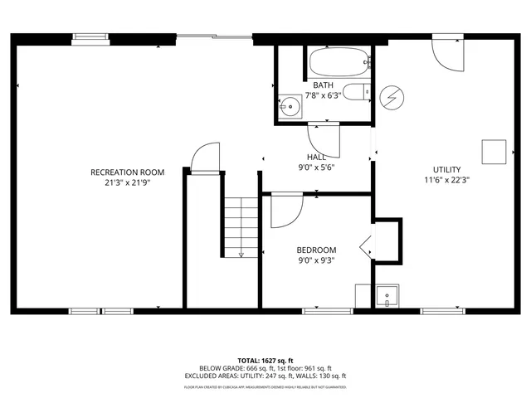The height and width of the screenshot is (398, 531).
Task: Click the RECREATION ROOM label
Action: point(127,172)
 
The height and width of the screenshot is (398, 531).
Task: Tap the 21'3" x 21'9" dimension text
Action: point(127,183)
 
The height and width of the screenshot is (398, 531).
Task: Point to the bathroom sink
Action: point(290,105)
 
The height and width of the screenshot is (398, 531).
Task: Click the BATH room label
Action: point(323,85)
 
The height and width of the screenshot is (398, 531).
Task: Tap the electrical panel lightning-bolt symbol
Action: point(390,98)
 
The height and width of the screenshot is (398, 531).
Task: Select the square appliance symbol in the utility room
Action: point(494,151)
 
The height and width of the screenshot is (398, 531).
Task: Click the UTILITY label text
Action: point(446,170)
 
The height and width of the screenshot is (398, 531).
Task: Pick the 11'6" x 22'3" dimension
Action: point(446,181)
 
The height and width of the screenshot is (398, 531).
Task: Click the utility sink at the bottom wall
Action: point(387,296)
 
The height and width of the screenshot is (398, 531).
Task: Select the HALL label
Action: point(316,157)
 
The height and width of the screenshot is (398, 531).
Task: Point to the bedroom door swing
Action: point(287,209)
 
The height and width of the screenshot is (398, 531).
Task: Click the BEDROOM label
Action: point(316,250)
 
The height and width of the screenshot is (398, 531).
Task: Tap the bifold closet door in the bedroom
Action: point(366,246)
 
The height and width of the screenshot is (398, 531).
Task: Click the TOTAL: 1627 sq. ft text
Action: point(265,361)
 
